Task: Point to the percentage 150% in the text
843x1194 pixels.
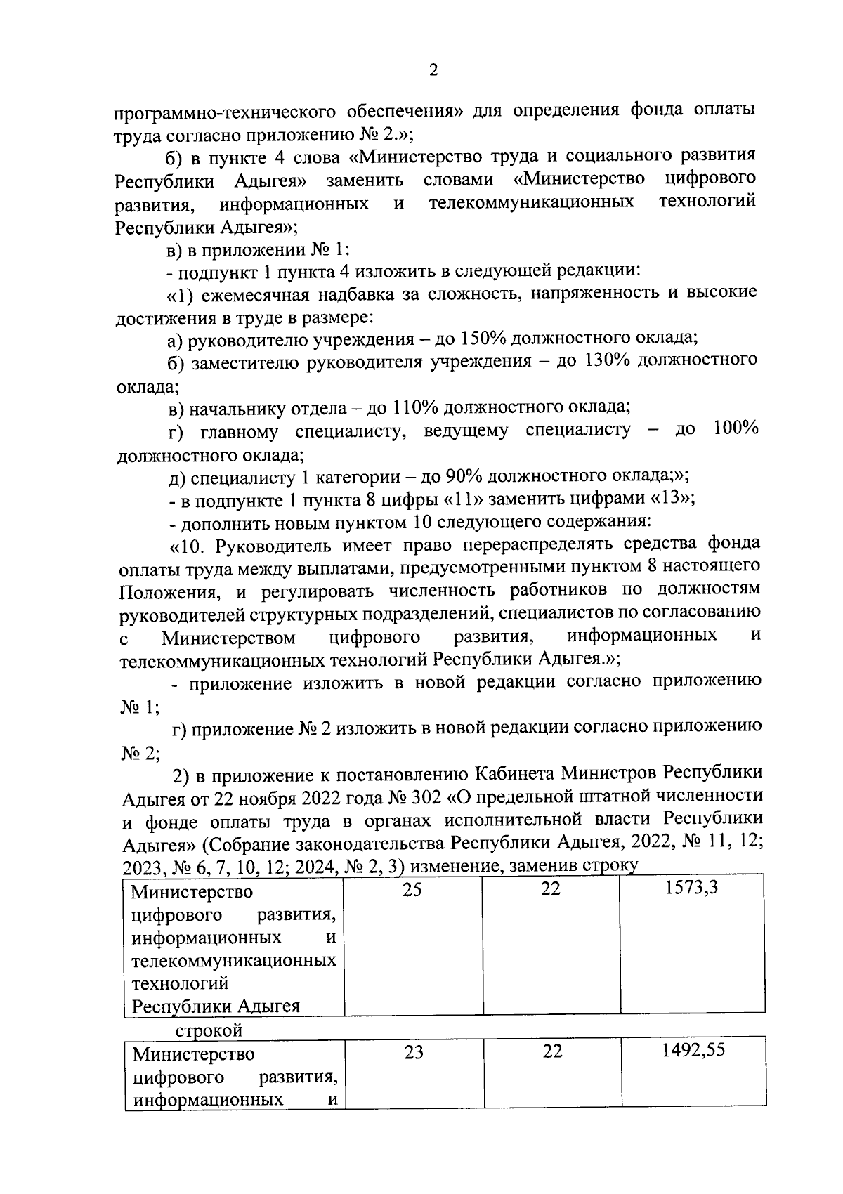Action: pos(483,339)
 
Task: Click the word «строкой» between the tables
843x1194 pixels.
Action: pos(209,1030)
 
